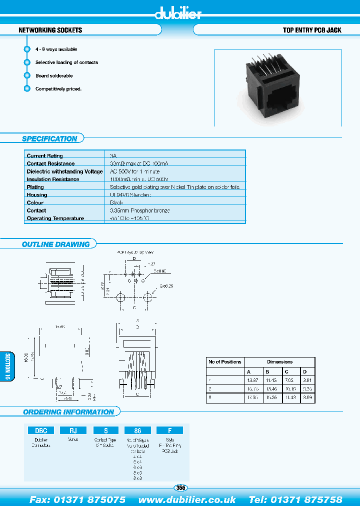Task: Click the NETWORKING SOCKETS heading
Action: point(50,30)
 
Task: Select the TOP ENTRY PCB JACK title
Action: point(312,30)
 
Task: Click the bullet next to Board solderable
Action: point(27,75)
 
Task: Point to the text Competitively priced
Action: point(58,88)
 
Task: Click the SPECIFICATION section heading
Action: point(49,139)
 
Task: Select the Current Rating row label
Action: point(45,156)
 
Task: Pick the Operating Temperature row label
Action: point(55,218)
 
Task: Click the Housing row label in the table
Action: point(37,195)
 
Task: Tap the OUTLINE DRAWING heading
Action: point(55,244)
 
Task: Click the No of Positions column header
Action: point(224,361)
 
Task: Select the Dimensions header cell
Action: point(279,361)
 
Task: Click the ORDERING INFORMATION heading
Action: point(68,412)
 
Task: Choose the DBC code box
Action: point(40,430)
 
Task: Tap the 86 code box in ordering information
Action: point(137,430)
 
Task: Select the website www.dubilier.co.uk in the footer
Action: point(187,499)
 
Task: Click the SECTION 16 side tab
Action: point(7,367)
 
